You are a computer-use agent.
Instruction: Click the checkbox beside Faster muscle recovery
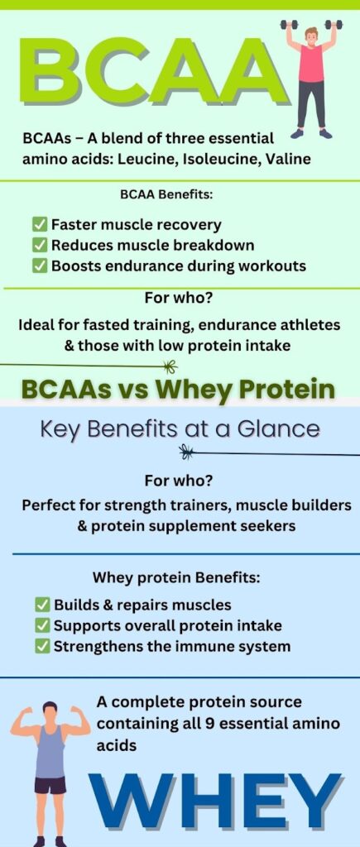39,225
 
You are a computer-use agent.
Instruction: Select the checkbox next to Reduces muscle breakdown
39,245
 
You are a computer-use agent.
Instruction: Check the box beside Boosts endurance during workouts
39,266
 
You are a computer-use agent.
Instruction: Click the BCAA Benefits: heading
166,194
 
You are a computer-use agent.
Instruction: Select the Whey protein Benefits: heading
176,577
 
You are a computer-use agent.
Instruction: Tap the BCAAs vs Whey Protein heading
177,389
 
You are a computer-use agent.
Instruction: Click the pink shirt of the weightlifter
311,64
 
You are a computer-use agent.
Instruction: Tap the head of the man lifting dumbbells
312,36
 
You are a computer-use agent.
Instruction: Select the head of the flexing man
50,712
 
